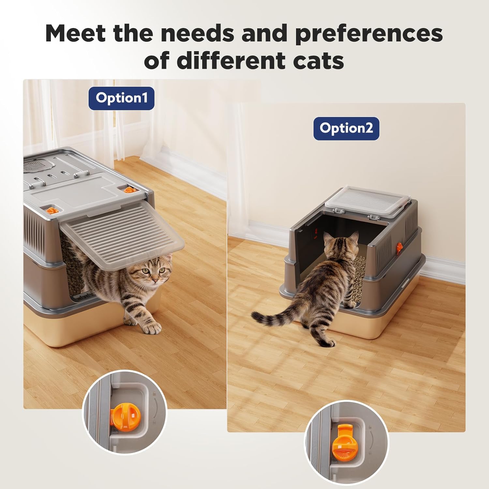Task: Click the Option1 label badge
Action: pyautogui.click(x=121, y=98)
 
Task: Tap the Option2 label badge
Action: pyautogui.click(x=346, y=128)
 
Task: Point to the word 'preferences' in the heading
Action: pyautogui.click(x=369, y=34)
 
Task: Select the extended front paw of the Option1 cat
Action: pyautogui.click(x=152, y=327)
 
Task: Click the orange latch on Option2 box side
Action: pyautogui.click(x=399, y=248)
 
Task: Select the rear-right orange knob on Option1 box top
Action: pyautogui.click(x=128, y=189)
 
